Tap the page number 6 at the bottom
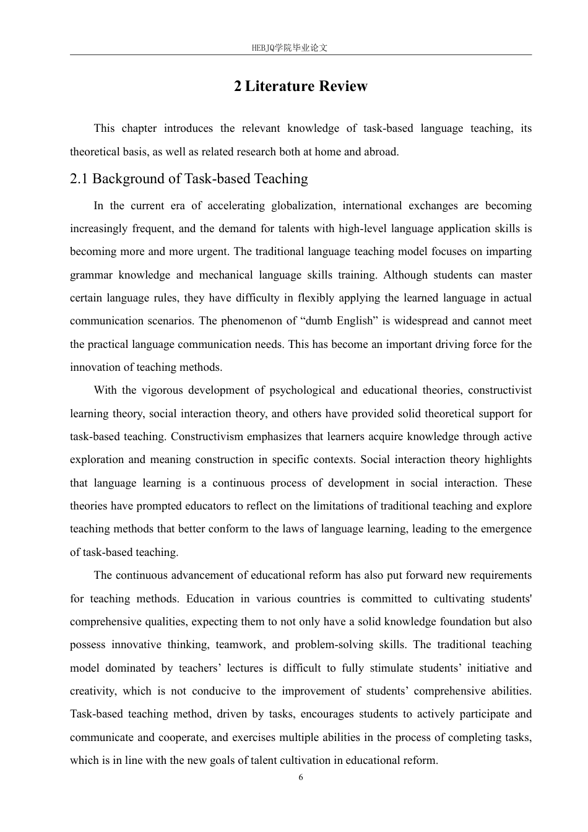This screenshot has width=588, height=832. click(x=301, y=778)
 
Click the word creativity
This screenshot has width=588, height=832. click(x=92, y=691)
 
